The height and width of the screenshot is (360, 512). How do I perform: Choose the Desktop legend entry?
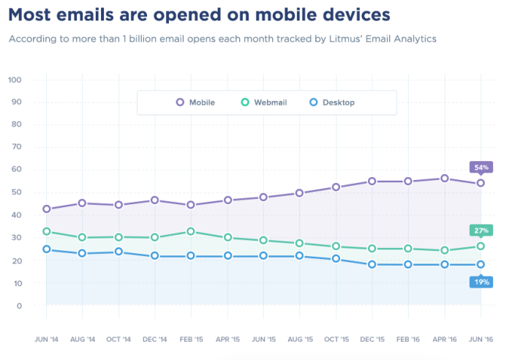[332, 102]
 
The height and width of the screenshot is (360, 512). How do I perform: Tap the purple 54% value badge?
[481, 167]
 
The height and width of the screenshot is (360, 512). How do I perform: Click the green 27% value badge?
[481, 230]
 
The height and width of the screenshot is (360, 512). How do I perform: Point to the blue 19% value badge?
[481, 282]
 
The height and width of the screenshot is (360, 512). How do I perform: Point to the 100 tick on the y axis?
[15, 79]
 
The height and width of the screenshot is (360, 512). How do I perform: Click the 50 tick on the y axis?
[16, 192]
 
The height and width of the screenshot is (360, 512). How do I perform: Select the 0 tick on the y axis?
[19, 306]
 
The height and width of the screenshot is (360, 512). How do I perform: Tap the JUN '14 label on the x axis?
[46, 339]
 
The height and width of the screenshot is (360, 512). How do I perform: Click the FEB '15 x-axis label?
[191, 339]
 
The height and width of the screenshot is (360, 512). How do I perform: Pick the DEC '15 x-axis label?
[372, 339]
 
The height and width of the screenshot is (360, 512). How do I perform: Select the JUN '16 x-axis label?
[481, 339]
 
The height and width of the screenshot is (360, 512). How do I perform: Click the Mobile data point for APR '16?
[444, 179]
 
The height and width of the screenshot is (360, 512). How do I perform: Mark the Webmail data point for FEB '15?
[191, 232]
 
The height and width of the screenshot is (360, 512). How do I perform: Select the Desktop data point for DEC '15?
[372, 264]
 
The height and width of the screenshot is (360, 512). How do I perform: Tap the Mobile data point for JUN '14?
[47, 209]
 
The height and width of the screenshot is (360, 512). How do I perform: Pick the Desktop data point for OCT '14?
[118, 252]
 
